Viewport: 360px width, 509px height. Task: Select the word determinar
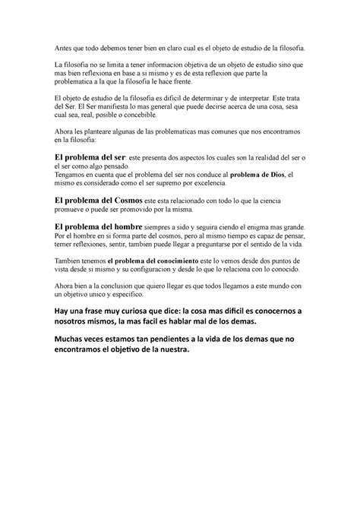(208, 98)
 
